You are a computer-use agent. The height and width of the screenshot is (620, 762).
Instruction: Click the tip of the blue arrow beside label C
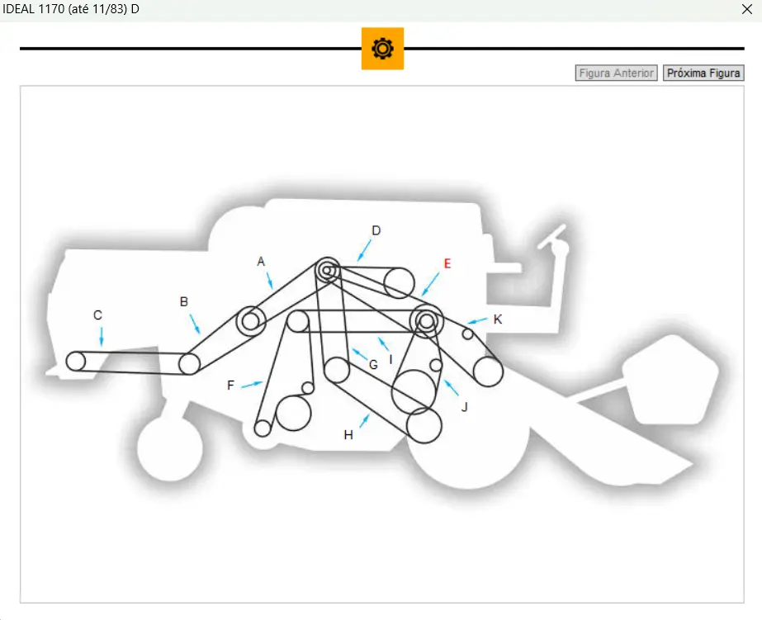[x=102, y=346]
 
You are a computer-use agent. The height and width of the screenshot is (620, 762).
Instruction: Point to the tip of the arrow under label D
[x=358, y=261]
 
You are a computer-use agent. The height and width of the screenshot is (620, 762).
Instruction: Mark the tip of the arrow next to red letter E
[x=423, y=296]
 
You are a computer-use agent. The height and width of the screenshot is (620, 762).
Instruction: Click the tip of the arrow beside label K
[x=468, y=323]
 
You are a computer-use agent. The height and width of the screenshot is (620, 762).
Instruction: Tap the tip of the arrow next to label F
[x=263, y=383]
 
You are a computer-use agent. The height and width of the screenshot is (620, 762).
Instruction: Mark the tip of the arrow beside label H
[x=369, y=414]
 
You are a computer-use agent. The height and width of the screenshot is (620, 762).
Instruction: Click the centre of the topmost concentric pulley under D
[x=328, y=270]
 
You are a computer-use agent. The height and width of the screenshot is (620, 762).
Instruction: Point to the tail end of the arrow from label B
[x=190, y=315]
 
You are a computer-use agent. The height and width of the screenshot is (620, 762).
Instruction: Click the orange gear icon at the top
[x=382, y=49]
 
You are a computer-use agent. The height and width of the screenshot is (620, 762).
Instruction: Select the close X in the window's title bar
[x=747, y=9]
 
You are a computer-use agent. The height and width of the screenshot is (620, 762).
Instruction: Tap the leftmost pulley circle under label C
[x=76, y=362]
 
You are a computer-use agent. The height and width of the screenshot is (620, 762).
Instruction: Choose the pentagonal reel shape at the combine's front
[x=670, y=380]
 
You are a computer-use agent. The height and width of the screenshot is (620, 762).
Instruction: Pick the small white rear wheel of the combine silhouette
[x=170, y=449]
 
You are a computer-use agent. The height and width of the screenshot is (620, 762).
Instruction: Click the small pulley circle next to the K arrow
[x=467, y=334]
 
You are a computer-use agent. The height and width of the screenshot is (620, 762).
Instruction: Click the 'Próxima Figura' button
[x=703, y=73]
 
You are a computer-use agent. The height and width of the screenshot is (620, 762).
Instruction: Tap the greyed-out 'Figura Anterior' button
[x=616, y=73]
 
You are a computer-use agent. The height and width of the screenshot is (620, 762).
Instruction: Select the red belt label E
[x=447, y=263]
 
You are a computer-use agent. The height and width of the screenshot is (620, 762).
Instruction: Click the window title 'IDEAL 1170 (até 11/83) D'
[x=71, y=9]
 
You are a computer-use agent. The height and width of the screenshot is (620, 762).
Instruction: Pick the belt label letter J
[x=465, y=407]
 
